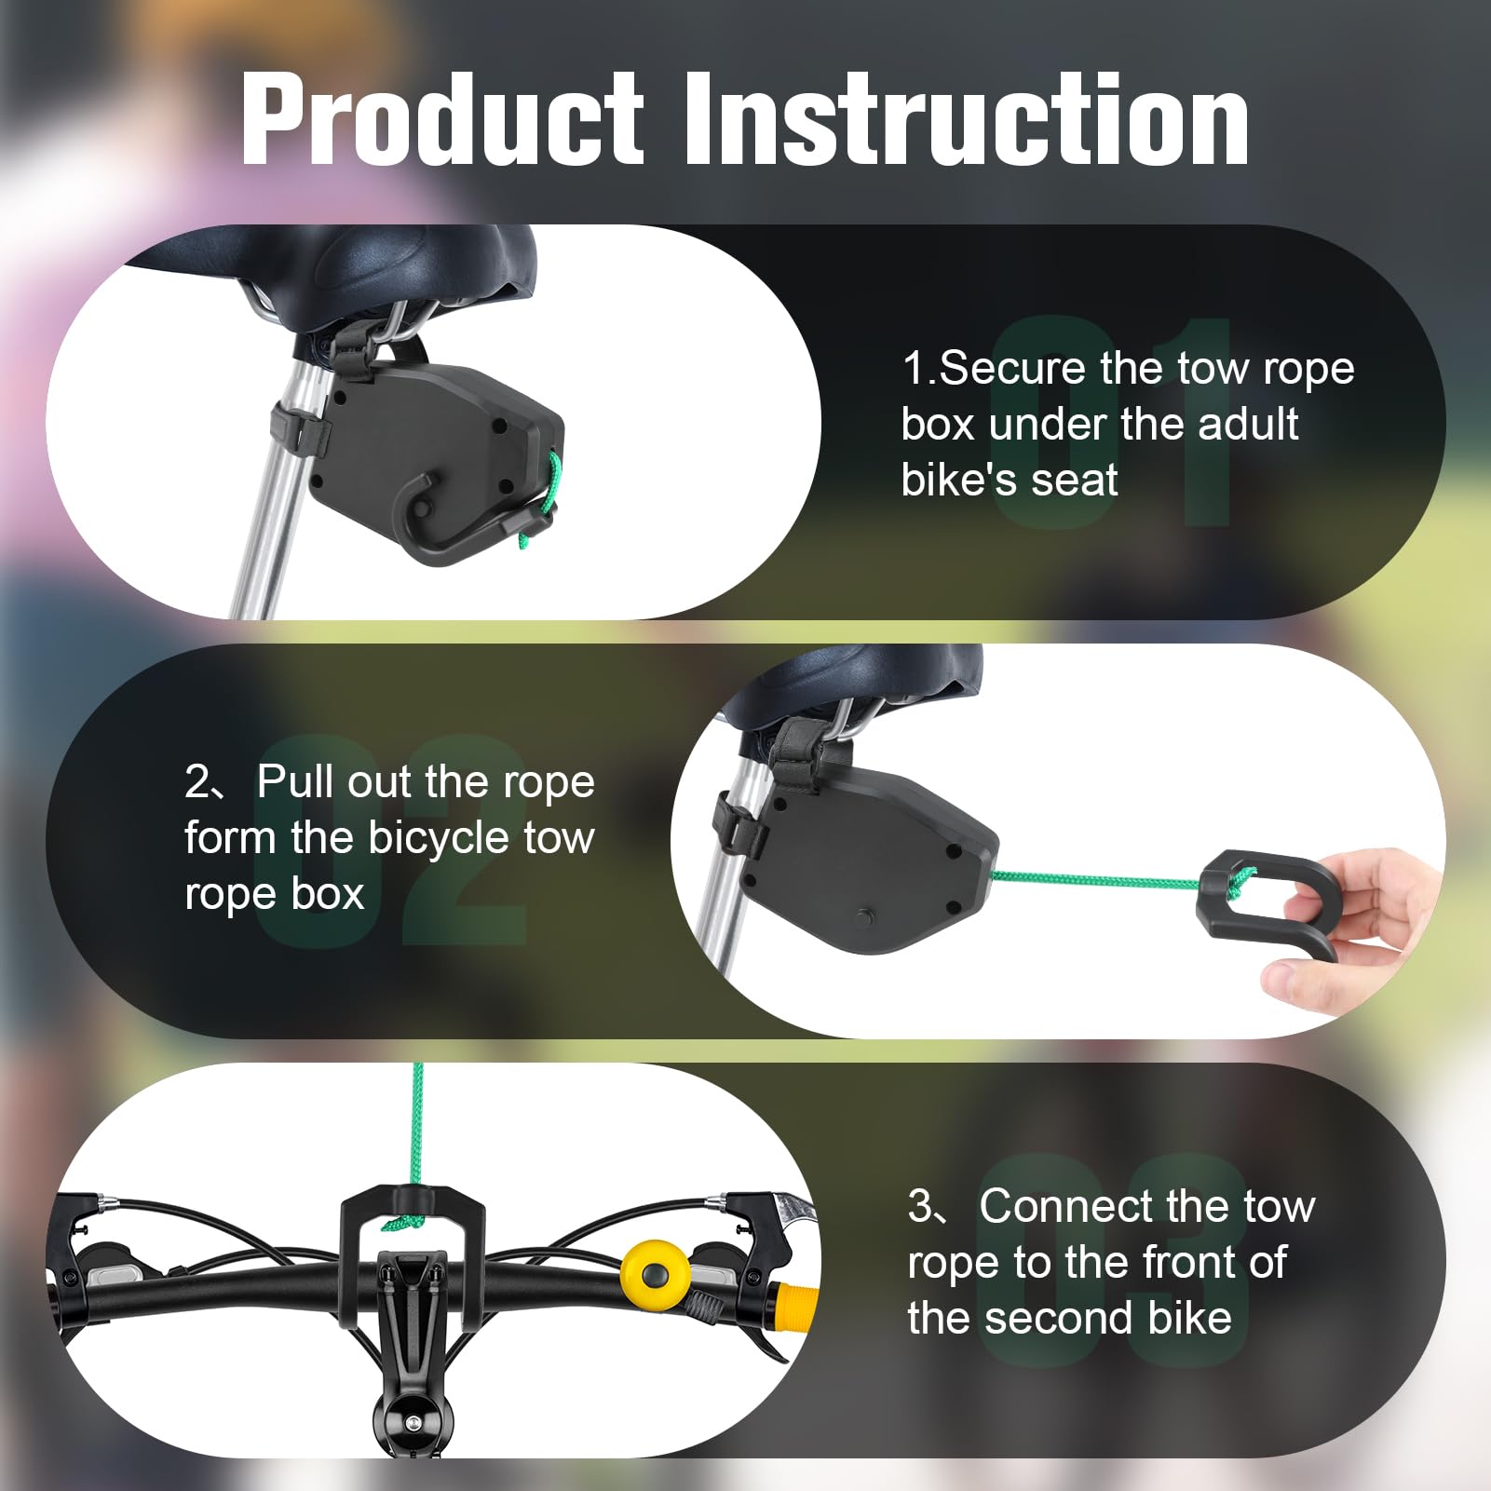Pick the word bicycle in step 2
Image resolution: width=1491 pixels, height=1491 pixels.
(439, 838)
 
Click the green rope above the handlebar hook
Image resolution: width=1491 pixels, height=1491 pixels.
(416, 1127)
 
